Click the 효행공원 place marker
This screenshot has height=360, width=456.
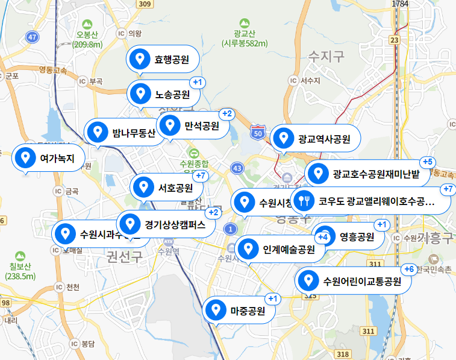pyautogui.click(x=163, y=59)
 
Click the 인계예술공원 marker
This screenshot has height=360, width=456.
pyautogui.click(x=279, y=249)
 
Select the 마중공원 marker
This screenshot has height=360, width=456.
pyautogui.click(x=239, y=311)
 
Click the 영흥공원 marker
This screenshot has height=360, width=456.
pyautogui.click(x=350, y=236)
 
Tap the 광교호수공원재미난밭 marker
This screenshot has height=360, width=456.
pyautogui.click(x=367, y=175)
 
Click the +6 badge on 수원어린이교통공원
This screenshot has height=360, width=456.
pyautogui.click(x=408, y=269)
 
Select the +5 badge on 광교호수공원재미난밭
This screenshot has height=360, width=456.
pyautogui.click(x=427, y=162)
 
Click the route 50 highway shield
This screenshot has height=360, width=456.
pyautogui.click(x=258, y=132)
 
